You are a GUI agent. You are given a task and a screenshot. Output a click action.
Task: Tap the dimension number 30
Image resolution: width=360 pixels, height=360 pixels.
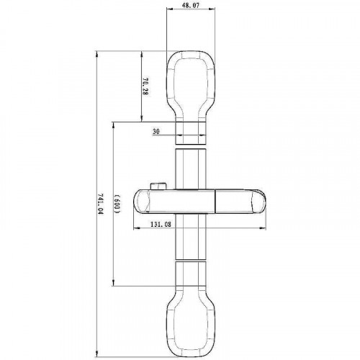pyautogui.click(x=156, y=132)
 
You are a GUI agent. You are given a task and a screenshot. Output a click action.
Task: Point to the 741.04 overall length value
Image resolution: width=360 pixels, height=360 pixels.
pyautogui.click(x=100, y=203)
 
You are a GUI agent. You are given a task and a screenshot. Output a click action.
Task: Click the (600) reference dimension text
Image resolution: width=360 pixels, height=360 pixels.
pyautogui.click(x=117, y=204)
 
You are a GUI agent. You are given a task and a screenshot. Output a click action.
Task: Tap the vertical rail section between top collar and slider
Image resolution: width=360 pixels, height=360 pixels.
pyautogui.click(x=192, y=169)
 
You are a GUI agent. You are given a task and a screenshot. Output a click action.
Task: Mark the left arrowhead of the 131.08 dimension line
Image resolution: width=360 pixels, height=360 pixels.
pyautogui.click(x=136, y=230)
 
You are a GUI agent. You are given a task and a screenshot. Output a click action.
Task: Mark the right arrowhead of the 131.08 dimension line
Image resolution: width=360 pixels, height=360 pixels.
pyautogui.click(x=267, y=230)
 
